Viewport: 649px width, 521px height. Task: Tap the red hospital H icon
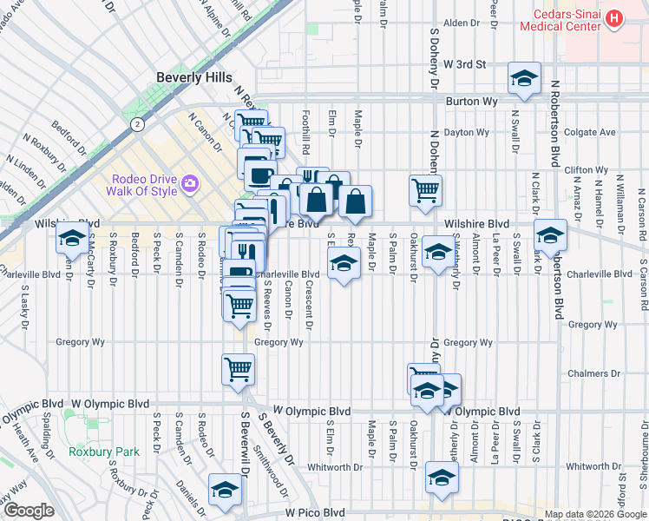pos(614,17)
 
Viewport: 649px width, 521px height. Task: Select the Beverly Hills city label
pos(193,78)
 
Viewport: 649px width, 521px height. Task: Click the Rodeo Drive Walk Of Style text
pos(143,185)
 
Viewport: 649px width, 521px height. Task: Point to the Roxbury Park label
pos(104,452)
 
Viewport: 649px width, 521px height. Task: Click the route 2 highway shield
pos(136,125)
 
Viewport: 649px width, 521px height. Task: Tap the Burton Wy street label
pos(471,102)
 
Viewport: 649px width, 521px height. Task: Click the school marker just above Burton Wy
pos(524,79)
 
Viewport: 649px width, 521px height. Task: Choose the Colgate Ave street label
pos(589,133)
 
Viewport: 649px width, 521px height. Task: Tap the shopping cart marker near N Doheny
pos(425,189)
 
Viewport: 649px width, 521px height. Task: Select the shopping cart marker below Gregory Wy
pos(238,368)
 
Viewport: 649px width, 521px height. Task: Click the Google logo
pos(29,511)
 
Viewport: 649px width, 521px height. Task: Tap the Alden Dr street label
pos(462,23)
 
